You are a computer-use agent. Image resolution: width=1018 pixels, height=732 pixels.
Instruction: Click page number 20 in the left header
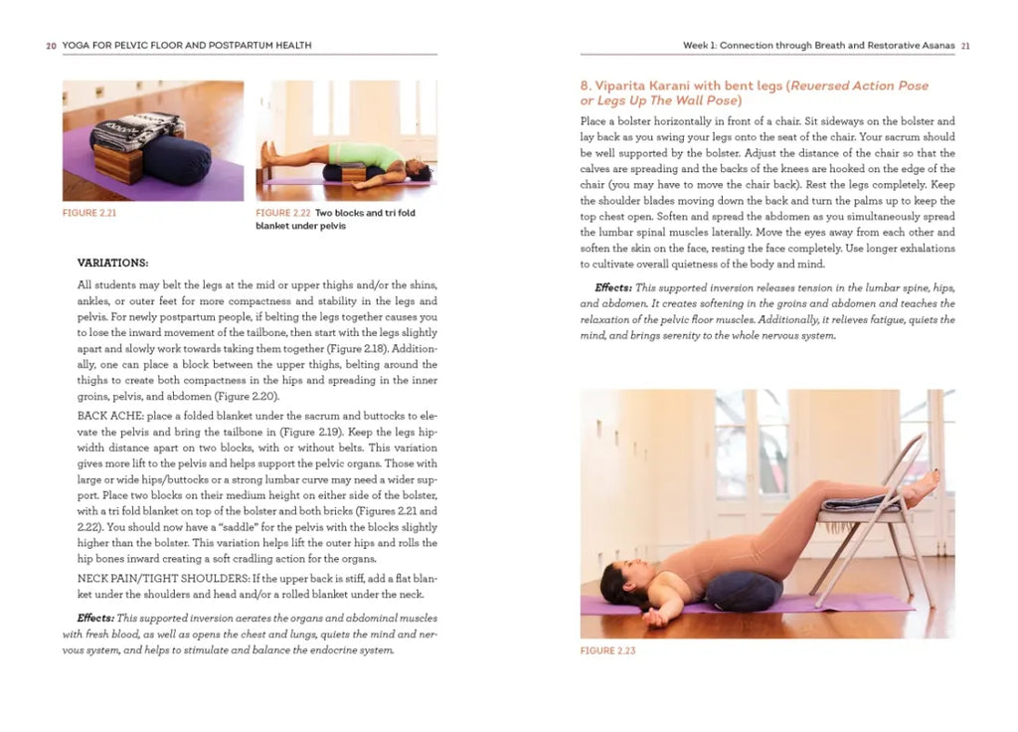pos(51,46)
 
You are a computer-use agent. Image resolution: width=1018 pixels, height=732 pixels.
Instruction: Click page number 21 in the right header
pos(965,46)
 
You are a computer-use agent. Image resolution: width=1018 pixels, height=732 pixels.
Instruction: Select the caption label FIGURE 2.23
pos(607,651)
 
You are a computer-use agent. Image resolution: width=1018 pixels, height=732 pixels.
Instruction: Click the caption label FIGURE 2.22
pos(282,213)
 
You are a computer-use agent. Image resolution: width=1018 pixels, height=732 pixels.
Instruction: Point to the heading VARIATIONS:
pos(112,263)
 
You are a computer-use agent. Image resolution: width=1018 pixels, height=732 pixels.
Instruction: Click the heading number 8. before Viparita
pos(586,87)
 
